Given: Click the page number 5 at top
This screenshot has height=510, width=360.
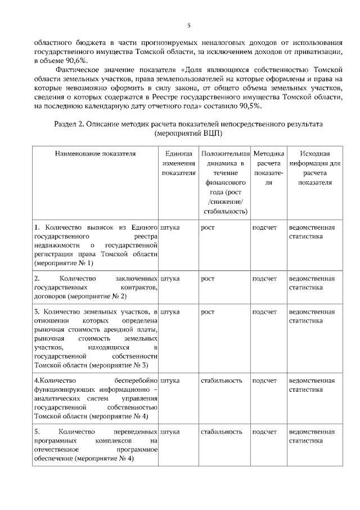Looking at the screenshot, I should click(x=189, y=25).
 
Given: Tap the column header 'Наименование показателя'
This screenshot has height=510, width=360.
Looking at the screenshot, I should click(x=95, y=153).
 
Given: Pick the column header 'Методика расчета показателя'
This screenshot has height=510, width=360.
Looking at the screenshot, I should click(x=268, y=168).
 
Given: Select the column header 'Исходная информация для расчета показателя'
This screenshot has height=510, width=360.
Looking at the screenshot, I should click(x=314, y=168).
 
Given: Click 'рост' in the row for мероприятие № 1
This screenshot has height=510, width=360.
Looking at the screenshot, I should click(x=208, y=228).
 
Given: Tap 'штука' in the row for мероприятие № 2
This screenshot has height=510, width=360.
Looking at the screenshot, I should click(x=170, y=279).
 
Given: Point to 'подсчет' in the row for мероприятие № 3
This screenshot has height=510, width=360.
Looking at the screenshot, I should click(x=264, y=312).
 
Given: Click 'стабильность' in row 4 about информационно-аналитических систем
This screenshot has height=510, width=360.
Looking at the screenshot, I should click(x=221, y=381).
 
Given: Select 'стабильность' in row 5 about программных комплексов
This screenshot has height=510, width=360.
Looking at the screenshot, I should click(x=221, y=432).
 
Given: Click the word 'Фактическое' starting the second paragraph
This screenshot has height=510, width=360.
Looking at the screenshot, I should click(x=78, y=70).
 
